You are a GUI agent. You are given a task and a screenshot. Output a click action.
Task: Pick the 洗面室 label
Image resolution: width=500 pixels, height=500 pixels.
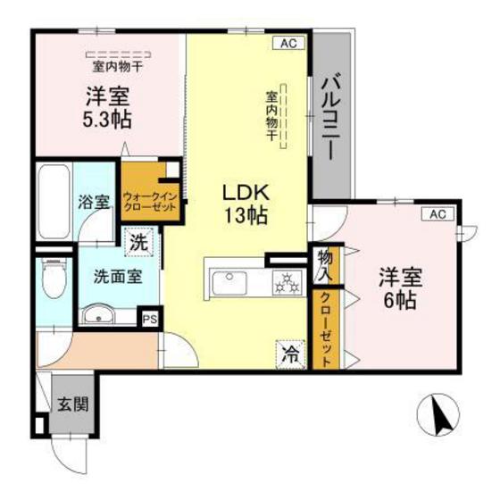(x=118, y=276)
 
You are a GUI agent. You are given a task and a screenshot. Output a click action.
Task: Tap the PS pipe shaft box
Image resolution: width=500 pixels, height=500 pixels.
(x=150, y=317)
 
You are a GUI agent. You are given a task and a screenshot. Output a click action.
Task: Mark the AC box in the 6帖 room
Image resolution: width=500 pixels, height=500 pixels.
(x=437, y=214)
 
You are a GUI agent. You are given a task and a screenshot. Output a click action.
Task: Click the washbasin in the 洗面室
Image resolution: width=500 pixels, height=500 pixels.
(x=96, y=314)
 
